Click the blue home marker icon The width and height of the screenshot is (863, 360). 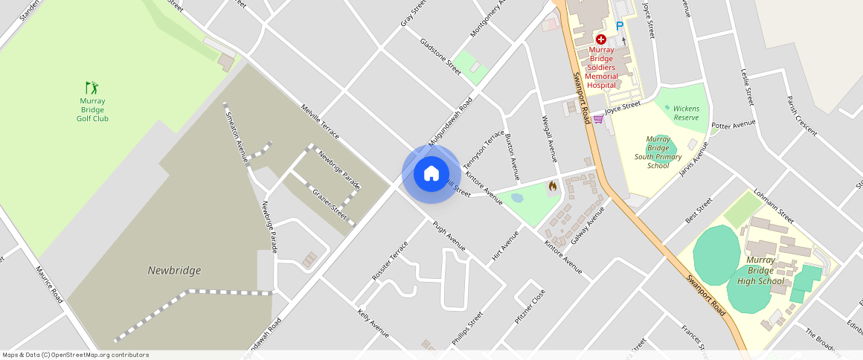[431, 174]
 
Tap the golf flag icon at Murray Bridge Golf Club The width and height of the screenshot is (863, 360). [92, 88]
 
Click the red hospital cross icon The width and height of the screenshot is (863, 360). [600, 39]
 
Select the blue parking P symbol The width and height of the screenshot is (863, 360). [619, 26]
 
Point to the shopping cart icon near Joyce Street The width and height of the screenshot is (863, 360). [597, 119]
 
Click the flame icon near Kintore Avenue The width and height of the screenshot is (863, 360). [552, 186]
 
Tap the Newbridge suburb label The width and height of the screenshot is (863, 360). [174, 271]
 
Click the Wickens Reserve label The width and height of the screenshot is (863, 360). [686, 113]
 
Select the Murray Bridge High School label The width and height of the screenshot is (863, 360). [760, 271]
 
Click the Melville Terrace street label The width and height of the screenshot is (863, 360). [320, 120]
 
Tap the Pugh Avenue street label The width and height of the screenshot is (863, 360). [449, 235]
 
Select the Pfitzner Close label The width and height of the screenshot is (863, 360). [530, 306]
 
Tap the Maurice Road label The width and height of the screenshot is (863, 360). [49, 285]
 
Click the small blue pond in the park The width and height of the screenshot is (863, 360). [517, 198]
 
